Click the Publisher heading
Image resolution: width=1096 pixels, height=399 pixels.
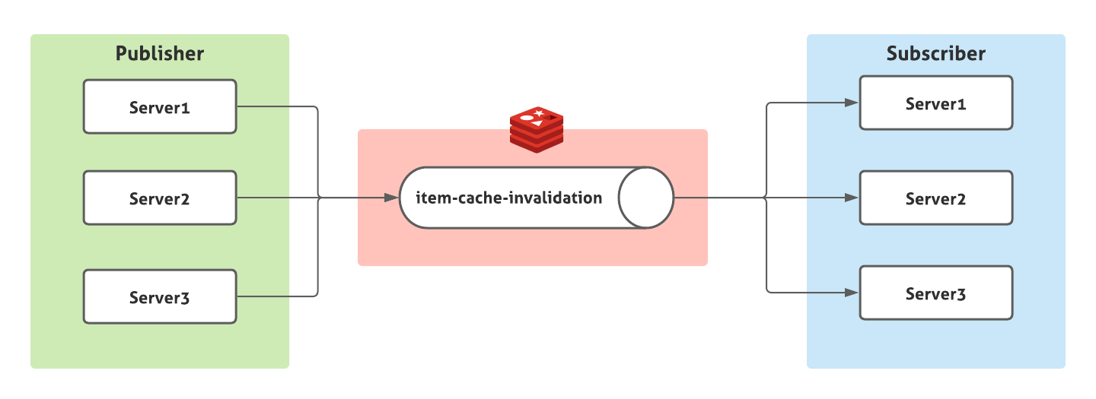[160, 54]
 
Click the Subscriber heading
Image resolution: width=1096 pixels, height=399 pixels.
[935, 54]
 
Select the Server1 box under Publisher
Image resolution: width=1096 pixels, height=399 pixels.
[160, 106]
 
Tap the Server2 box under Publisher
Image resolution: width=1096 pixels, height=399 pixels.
[160, 198]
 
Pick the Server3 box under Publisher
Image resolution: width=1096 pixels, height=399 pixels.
[160, 296]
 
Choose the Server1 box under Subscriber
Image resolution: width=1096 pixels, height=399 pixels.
[936, 103]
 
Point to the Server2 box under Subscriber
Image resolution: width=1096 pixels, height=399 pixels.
[936, 198]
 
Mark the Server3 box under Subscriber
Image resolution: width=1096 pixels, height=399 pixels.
[936, 293]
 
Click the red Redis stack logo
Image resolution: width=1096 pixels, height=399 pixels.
[537, 130]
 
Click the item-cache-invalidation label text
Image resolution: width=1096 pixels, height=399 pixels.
[509, 198]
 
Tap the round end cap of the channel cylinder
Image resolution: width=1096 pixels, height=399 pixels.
[646, 198]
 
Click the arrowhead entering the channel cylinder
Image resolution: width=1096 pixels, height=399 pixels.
[391, 198]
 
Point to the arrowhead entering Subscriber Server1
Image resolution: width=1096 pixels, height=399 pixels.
[852, 103]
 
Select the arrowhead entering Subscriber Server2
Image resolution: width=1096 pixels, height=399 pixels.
[852, 198]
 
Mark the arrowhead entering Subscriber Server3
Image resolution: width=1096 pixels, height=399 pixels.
[852, 293]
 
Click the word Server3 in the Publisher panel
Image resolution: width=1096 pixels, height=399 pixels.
[159, 298]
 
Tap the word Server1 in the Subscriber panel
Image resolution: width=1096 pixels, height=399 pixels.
[935, 104]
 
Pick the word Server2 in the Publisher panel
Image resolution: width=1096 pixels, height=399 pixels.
[159, 199]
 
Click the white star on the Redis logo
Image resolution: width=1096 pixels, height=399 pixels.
[539, 114]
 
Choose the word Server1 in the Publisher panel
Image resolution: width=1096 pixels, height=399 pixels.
[159, 108]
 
